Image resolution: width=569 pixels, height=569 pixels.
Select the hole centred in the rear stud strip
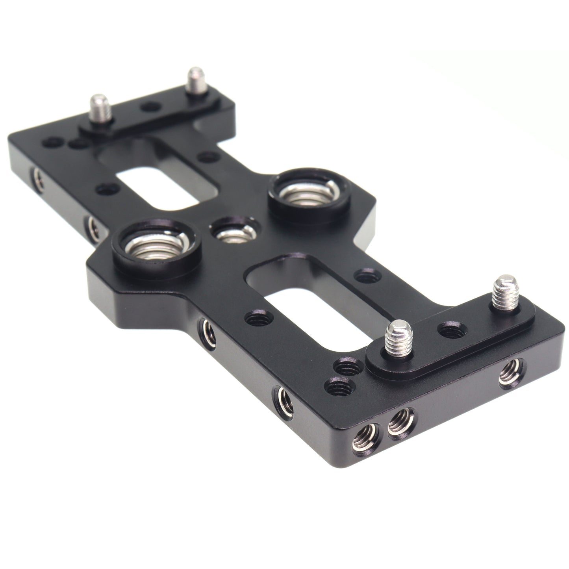(149, 107)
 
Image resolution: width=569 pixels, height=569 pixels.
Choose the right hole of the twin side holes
(400, 420)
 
